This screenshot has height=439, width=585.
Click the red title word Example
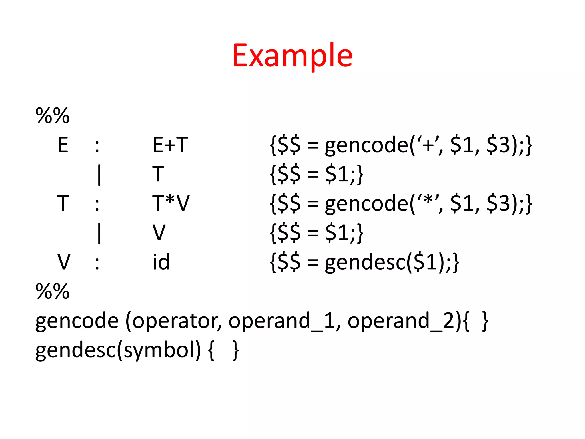coord(292,55)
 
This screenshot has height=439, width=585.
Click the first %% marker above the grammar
coord(53,115)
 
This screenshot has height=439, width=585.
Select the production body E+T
coord(170,145)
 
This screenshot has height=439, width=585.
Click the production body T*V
coord(171,203)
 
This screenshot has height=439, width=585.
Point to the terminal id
coord(161,262)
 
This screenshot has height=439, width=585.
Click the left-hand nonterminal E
coord(63,145)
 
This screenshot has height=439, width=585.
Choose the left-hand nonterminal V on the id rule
coord(64,262)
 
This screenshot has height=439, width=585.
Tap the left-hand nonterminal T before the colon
coord(63,203)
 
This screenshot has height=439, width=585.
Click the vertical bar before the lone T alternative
coord(99,175)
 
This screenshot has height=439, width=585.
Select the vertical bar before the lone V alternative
coord(99,233)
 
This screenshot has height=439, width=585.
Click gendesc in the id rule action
coord(366,262)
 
